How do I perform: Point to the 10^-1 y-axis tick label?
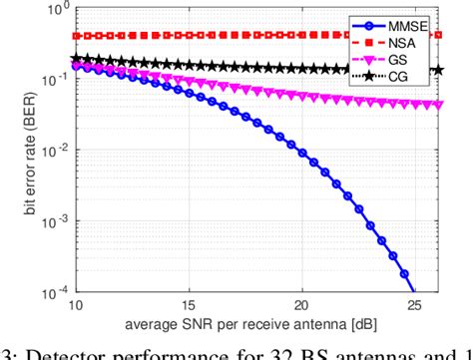click(x=56, y=81)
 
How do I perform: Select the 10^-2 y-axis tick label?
click(x=56, y=151)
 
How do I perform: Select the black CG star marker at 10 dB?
click(x=77, y=59)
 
